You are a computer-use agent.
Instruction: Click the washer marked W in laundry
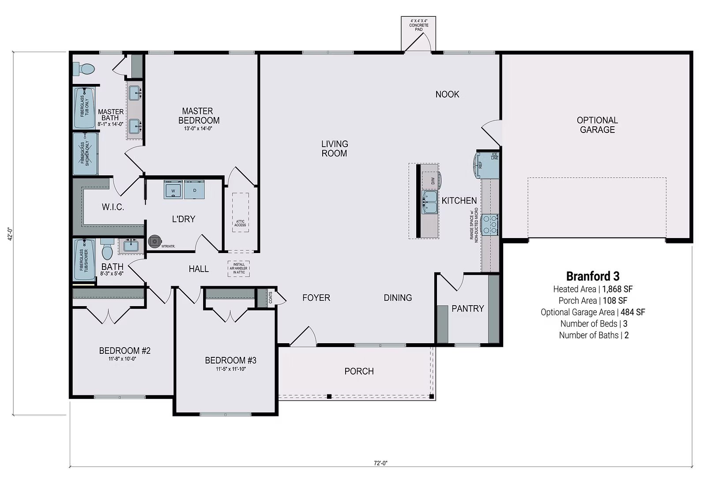pos(173,190)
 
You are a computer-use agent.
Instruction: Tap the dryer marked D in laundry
pos(194,190)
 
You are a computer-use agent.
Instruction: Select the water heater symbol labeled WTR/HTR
pos(154,241)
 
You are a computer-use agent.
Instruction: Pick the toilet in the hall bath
pos(107,250)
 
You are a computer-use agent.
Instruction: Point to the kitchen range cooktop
pos(490,224)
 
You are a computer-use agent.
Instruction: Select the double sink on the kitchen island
pos(430,202)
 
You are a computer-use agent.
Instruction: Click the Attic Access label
pos(240,223)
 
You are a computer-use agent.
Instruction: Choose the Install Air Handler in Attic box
pos(239,269)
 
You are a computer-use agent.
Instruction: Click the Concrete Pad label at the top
pos(418,25)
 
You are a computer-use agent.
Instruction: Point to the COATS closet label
pos(270,298)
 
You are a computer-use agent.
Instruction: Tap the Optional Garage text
pos(597,125)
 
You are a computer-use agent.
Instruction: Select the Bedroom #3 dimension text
pos(231,369)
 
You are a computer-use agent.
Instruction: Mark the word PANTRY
pos(467,308)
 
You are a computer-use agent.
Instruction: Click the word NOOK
pos(447,94)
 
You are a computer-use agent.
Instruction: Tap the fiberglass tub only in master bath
pos(84,107)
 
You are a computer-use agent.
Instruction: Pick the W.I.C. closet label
pos(113,207)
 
